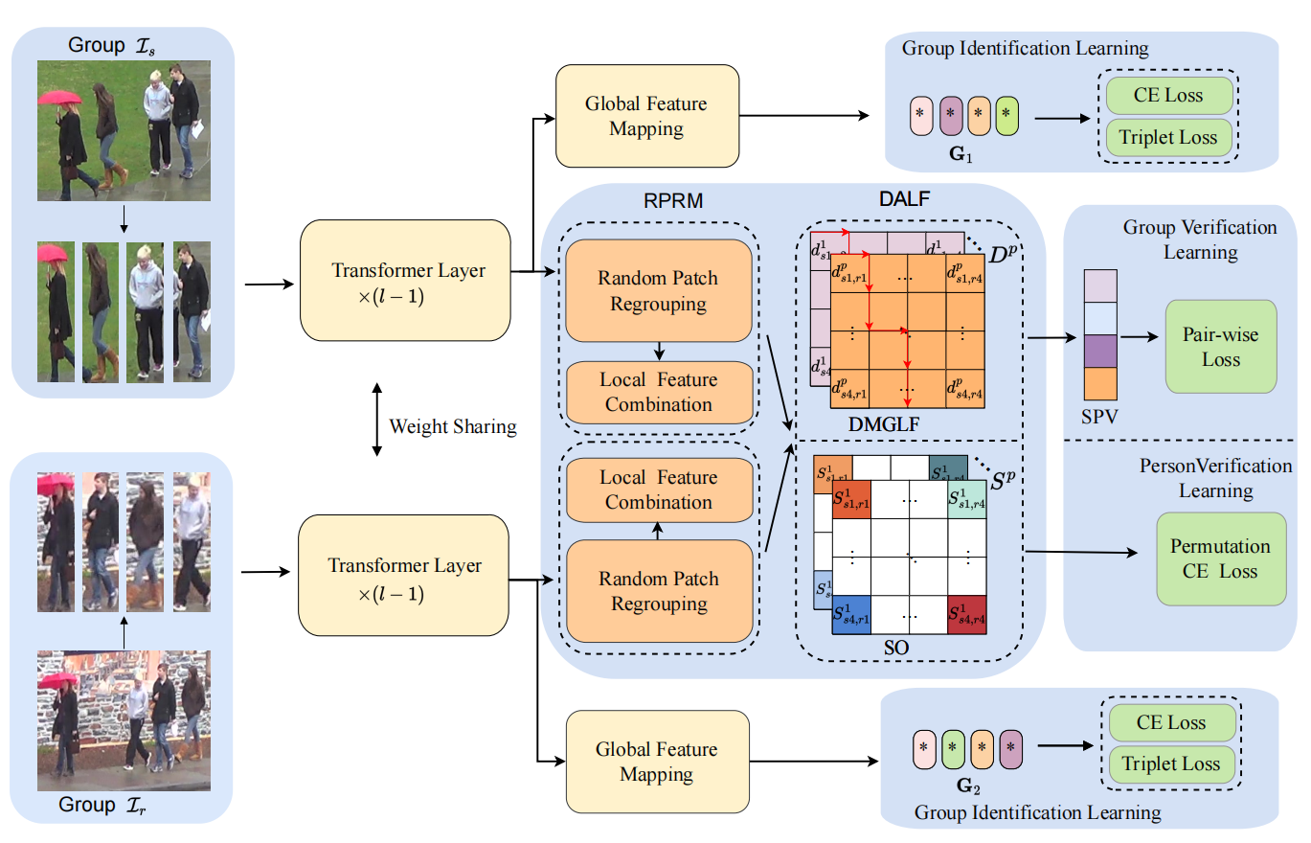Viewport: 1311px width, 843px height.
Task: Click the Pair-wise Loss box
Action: [1220, 347]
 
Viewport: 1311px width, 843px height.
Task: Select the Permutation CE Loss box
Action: [1220, 558]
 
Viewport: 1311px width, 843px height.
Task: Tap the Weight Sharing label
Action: [452, 426]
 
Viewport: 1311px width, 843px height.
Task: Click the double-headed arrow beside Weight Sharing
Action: [375, 420]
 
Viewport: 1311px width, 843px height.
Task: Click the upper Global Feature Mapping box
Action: [646, 115]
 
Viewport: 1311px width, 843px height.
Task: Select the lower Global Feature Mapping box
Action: [656, 762]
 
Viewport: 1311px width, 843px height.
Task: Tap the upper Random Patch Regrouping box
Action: [658, 291]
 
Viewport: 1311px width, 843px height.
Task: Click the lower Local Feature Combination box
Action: [658, 490]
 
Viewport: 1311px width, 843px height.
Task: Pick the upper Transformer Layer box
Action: [408, 281]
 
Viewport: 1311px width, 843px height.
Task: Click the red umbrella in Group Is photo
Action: [58, 97]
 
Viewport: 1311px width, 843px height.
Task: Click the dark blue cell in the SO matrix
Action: [851, 615]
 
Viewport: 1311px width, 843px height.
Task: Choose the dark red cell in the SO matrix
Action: [966, 615]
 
